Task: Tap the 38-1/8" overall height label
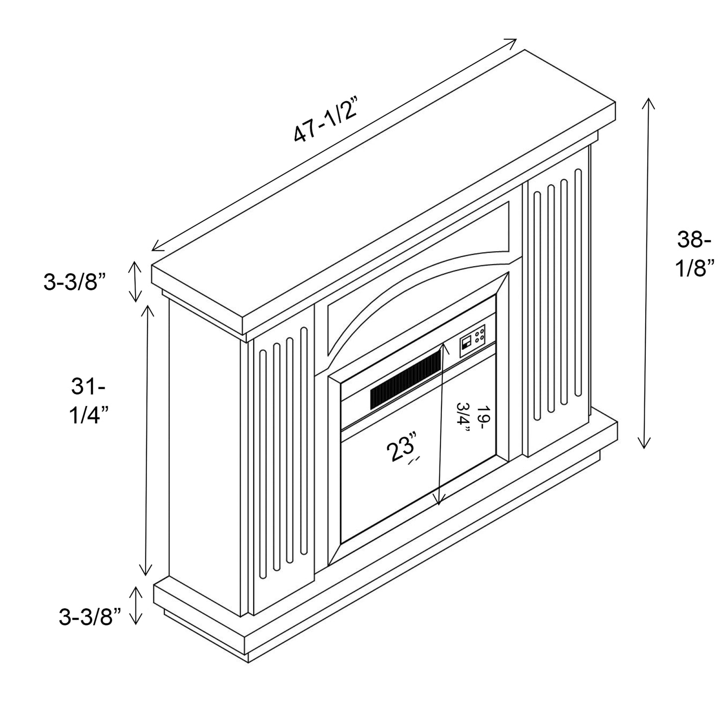pos(694,254)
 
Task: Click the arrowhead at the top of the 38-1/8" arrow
pos(648,102)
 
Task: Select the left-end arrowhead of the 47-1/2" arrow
pos(156,247)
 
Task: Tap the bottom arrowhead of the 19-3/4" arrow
pos(438,501)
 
